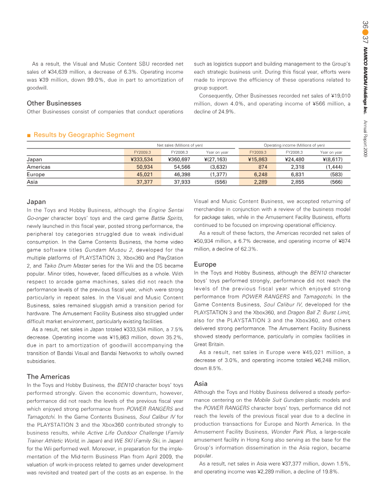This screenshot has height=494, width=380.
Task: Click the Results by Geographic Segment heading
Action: coord(84,135)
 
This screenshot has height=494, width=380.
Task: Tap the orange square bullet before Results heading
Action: coord(29,135)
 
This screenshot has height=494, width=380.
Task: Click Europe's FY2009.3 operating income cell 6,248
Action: coord(258,174)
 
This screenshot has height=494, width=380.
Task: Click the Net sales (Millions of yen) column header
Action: coord(180,145)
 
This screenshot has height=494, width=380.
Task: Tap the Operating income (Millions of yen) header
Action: coord(294,145)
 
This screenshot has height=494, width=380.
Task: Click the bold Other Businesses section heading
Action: coord(54,103)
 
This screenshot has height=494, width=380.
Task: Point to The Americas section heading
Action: coord(48,376)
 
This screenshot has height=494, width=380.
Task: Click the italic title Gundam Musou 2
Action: coord(105,250)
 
